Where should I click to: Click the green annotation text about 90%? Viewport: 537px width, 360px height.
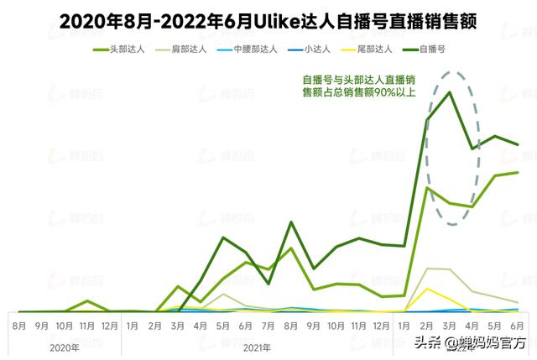point(370,86)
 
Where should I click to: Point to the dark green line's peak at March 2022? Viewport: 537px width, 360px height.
point(451,92)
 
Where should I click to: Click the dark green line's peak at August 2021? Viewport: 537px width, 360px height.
point(291,222)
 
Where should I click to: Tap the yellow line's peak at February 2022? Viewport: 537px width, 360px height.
point(429,289)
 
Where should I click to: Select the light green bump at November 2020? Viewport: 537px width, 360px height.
point(87,300)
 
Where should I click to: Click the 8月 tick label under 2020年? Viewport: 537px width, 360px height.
point(19,325)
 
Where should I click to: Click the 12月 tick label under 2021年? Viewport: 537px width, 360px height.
point(382,325)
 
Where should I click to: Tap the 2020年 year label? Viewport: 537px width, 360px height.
point(65,347)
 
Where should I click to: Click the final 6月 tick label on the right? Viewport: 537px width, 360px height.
point(518,325)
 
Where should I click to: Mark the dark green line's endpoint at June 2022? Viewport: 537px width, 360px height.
point(518,144)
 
